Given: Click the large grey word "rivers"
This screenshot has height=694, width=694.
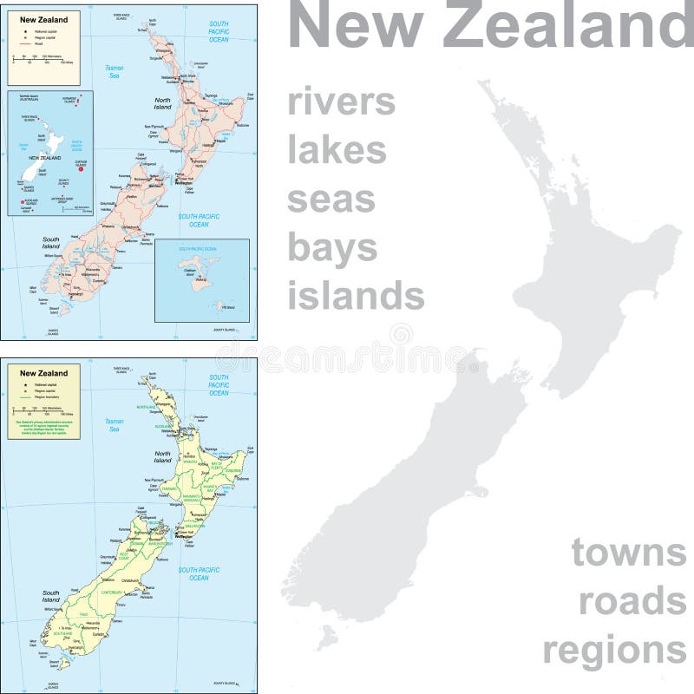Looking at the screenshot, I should pos(341,102).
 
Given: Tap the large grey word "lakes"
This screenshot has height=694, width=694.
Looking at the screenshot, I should pos(337,150).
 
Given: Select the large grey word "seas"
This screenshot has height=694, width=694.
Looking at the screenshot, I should pos(331,199).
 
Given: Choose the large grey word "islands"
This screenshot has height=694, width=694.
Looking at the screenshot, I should pos(356,296).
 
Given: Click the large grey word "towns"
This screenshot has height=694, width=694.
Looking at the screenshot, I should pos(628,552).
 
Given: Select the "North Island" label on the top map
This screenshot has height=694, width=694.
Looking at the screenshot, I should pos(163,104).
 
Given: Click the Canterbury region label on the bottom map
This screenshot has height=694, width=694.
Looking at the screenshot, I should pos(110,593).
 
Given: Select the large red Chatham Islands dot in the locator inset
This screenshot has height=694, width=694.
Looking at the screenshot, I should pos(80,169).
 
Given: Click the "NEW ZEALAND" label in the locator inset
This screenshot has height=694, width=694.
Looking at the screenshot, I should pos(44,159).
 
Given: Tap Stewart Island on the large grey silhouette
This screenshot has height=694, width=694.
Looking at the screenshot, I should pos(325,640).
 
